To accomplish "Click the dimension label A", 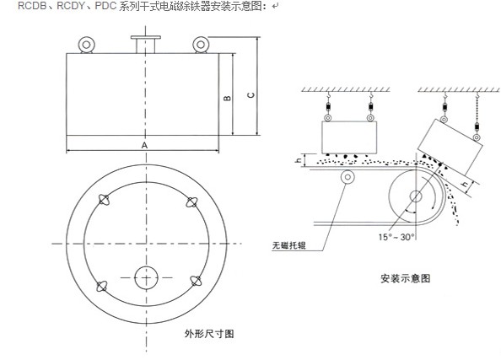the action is point(144,145).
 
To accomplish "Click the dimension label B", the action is point(227,98).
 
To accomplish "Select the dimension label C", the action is point(251,95).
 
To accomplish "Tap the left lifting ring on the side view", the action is point(86,45).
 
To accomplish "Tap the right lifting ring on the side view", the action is point(201,45).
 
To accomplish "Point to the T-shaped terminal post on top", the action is point(146,45).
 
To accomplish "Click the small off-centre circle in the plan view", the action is point(147,277).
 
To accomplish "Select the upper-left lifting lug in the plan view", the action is point(104,200).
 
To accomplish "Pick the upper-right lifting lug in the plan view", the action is point(191,202).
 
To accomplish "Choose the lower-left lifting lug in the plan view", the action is point(102,286).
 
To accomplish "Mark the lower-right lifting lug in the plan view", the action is point(196,281).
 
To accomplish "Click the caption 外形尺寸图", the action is point(209,334).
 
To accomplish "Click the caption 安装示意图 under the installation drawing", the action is point(405,278).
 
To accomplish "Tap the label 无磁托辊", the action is point(288,245).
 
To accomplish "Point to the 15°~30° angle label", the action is point(396,237).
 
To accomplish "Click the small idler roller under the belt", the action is point(347,177).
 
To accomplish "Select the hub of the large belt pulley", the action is point(416,196).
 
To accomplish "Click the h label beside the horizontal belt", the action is point(299,159).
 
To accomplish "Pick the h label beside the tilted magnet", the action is point(466,184).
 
